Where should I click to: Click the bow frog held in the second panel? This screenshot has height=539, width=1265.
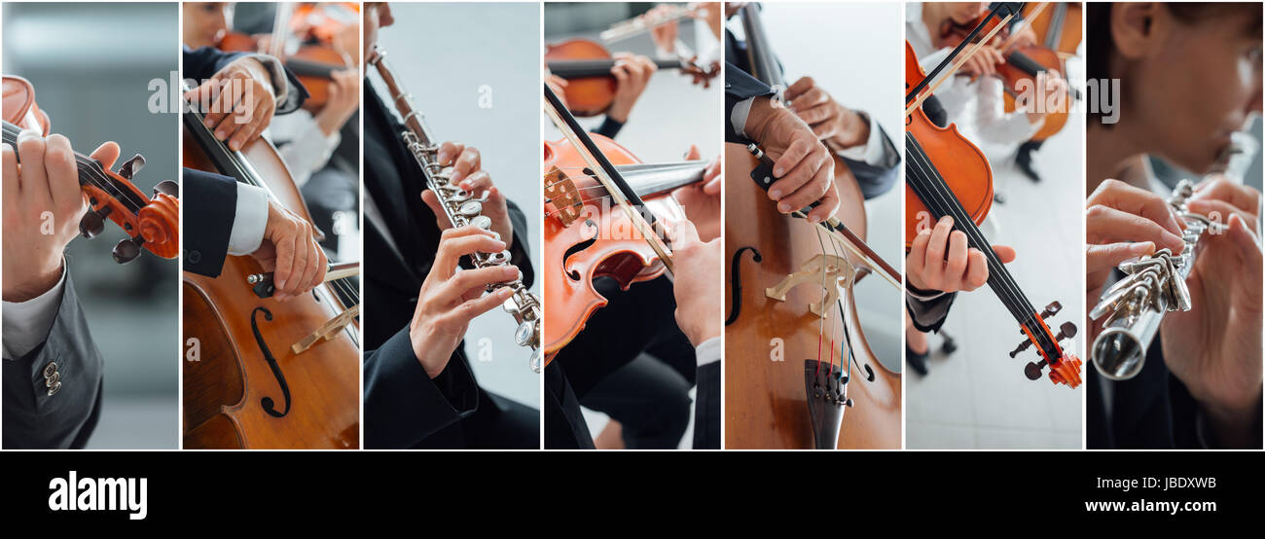coord(263,281)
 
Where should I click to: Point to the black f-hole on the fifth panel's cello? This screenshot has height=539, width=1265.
coord(739,283)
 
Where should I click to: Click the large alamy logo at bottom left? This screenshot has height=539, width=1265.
coord(97,494)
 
